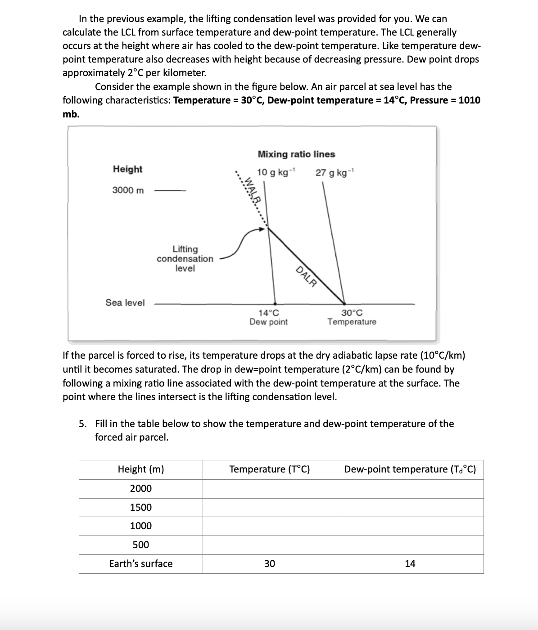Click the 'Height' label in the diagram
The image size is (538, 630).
(127, 169)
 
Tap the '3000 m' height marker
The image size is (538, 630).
(128, 190)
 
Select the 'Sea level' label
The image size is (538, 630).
(125, 303)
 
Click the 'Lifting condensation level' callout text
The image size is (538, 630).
(185, 259)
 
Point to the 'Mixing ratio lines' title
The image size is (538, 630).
(296, 154)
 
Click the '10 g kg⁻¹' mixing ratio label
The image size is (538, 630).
(276, 173)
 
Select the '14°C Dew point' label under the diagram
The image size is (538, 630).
(268, 317)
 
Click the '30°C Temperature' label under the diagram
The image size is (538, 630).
(352, 317)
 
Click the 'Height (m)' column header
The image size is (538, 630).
(140, 469)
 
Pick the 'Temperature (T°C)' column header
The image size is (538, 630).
(269, 469)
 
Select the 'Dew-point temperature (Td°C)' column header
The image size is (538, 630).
(410, 469)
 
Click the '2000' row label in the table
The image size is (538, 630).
(140, 489)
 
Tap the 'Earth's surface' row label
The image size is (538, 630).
(140, 564)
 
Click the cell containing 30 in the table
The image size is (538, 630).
(269, 564)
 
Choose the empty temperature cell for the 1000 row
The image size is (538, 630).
(269, 526)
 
